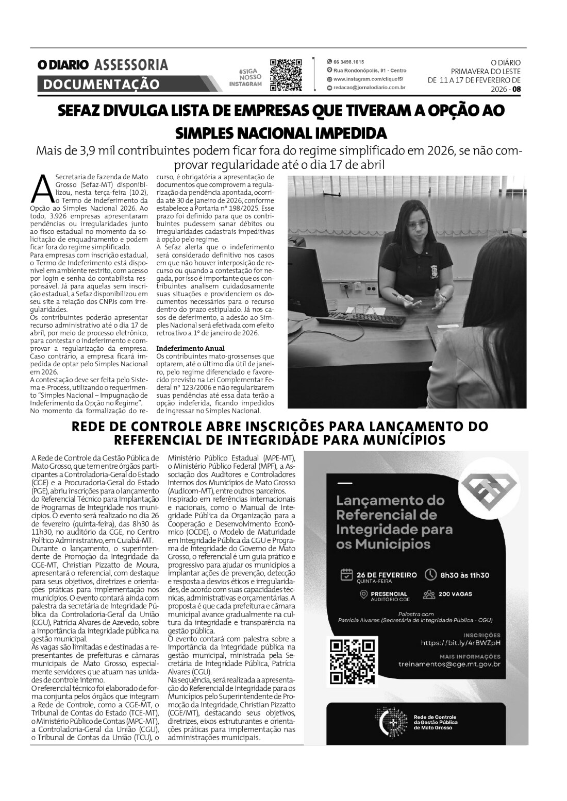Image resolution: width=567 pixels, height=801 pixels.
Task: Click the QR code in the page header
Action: click(286, 75)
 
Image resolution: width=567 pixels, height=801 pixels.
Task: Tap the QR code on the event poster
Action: click(352, 662)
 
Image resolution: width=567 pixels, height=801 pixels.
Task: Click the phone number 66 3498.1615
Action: click(348, 61)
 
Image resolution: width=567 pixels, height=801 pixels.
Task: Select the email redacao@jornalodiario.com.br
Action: click(369, 88)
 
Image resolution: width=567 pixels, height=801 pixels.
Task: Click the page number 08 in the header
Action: click(516, 89)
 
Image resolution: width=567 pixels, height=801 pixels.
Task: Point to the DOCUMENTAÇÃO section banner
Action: click(101, 84)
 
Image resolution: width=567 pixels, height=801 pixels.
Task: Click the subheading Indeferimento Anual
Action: click(190, 348)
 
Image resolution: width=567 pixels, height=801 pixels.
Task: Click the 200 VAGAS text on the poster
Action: click(455, 594)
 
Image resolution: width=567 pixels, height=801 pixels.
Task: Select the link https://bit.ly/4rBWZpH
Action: click(460, 642)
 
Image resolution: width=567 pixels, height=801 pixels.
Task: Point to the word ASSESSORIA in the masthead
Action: click(131, 65)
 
